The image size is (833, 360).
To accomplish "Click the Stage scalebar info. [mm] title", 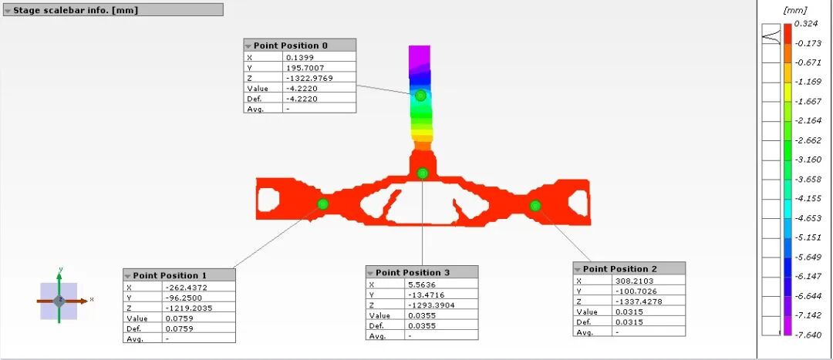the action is click(76, 10).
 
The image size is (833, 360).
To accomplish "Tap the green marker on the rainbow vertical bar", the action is click(421, 96).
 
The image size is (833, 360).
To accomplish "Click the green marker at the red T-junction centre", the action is click(423, 173).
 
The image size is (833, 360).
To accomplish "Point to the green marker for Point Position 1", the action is click(323, 204).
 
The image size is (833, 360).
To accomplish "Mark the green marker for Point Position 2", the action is click(535, 206).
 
